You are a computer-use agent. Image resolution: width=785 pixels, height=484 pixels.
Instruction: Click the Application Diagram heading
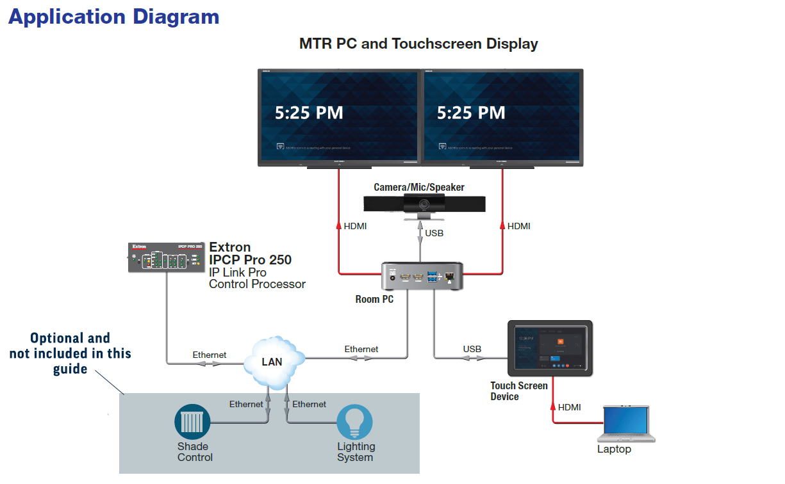pos(113,17)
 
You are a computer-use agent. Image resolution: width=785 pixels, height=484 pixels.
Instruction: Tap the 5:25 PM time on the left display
pos(309,113)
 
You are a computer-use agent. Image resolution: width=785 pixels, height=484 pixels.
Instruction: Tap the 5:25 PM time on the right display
pos(471,113)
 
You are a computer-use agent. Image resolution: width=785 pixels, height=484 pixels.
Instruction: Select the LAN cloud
pos(272,361)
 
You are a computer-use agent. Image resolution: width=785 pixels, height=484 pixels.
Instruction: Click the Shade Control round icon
pos(193,422)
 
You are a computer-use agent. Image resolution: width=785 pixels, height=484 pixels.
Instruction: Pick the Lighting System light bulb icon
pos(355,422)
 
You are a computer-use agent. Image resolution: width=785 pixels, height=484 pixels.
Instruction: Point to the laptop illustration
pos(626,424)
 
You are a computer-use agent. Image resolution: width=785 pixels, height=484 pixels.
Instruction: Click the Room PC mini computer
pos(422,277)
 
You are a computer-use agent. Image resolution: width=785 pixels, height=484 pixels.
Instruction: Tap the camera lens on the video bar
pos(424,204)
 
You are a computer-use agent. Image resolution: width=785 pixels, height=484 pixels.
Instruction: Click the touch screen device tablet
pos(550,348)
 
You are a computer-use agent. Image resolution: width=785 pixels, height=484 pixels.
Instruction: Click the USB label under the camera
pos(434,233)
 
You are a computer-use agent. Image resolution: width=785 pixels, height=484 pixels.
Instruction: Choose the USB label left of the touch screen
pos(472,349)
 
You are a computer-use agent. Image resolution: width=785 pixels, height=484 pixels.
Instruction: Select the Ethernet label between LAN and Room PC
pos(361,349)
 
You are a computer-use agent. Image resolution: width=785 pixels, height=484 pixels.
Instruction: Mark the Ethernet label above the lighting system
pos(310,404)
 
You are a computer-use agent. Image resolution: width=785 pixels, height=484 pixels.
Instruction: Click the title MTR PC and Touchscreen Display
pos(418,44)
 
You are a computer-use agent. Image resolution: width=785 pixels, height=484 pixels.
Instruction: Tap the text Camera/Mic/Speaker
pos(419,188)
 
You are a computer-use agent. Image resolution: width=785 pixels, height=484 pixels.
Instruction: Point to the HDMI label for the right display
pos(519,226)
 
